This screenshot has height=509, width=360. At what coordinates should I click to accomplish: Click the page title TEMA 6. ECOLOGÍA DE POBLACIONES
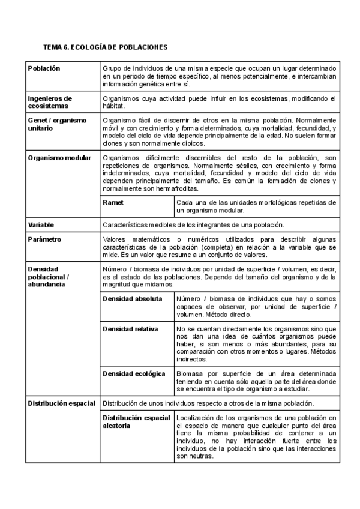coord(106,47)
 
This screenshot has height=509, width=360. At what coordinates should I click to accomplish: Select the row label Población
coord(44,68)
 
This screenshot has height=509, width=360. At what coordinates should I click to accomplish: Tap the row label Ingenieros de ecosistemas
coord(50,102)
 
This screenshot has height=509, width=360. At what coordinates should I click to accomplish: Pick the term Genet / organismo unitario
coord(57,124)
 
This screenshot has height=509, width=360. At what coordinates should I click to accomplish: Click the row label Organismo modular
coord(59,158)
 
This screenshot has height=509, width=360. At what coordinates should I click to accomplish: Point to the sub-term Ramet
coord(113,203)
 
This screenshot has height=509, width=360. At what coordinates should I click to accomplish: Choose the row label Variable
coord(41,225)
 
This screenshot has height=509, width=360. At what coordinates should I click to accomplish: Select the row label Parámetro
coord(44,239)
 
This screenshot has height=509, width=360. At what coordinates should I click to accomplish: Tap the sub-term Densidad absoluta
coord(132,298)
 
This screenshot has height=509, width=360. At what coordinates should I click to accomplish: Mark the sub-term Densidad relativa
coord(130,329)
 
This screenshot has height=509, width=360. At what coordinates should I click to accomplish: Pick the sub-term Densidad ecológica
coord(134,374)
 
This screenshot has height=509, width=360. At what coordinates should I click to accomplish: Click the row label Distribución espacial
coord(61,403)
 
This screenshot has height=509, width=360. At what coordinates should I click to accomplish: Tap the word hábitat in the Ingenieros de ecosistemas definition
coord(113,107)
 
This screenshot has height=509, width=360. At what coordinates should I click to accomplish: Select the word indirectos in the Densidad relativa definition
coord(191,360)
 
